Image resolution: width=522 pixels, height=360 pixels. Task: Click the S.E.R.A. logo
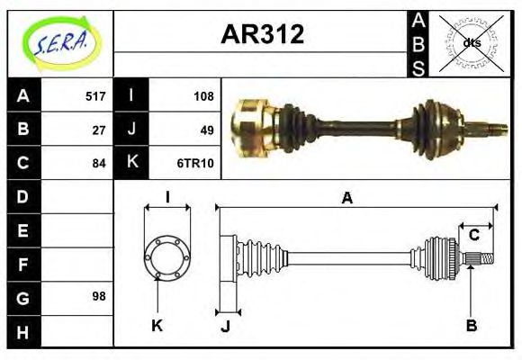tap(59, 43)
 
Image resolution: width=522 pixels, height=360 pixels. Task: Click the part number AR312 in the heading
tap(262, 35)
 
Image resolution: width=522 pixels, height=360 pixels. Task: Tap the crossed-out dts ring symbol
tap(471, 42)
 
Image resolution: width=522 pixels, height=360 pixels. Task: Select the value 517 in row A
tap(95, 96)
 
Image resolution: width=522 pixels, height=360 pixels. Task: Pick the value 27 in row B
tap(99, 130)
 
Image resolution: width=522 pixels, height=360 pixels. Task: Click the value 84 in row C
tap(99, 164)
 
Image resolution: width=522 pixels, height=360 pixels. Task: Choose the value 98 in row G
tap(99, 296)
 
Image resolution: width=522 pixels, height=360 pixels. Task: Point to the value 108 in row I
tap(203, 96)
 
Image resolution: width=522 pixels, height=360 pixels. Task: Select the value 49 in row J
tap(207, 130)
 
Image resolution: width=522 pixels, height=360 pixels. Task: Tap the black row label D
tap(22, 196)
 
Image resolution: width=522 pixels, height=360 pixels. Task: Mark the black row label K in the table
tap(132, 164)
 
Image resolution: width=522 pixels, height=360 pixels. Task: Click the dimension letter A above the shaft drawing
tap(346, 198)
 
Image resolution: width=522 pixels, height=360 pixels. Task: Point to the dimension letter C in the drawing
tap(473, 237)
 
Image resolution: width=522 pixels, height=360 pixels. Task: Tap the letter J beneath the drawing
tap(225, 326)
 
